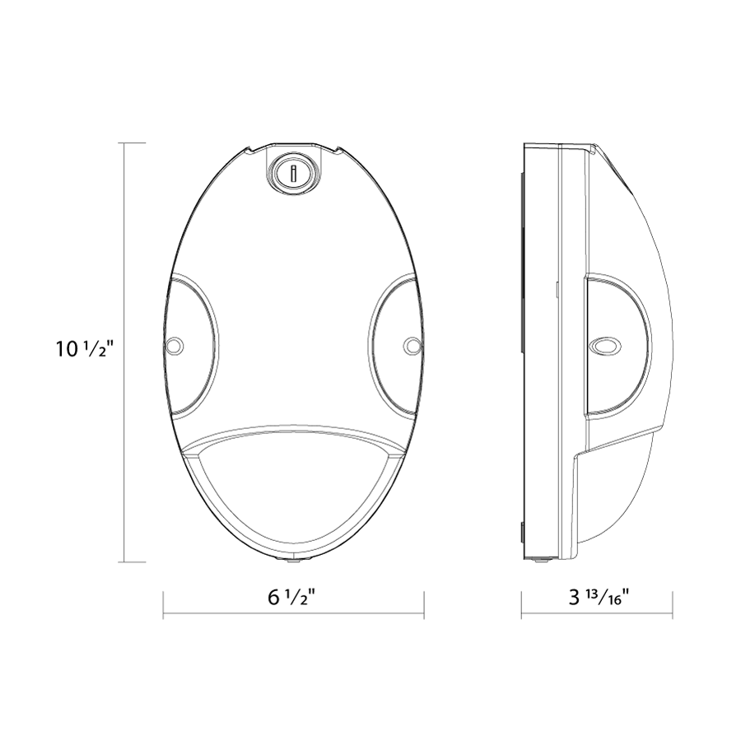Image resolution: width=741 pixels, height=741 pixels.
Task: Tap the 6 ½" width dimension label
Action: [292, 598]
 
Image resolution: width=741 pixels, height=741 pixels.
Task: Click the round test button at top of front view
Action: [292, 173]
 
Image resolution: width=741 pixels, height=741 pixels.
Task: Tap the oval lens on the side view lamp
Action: [606, 347]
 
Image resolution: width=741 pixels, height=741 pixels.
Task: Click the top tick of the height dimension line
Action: [135, 142]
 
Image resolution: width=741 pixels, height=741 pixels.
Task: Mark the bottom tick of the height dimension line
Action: [135, 562]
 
